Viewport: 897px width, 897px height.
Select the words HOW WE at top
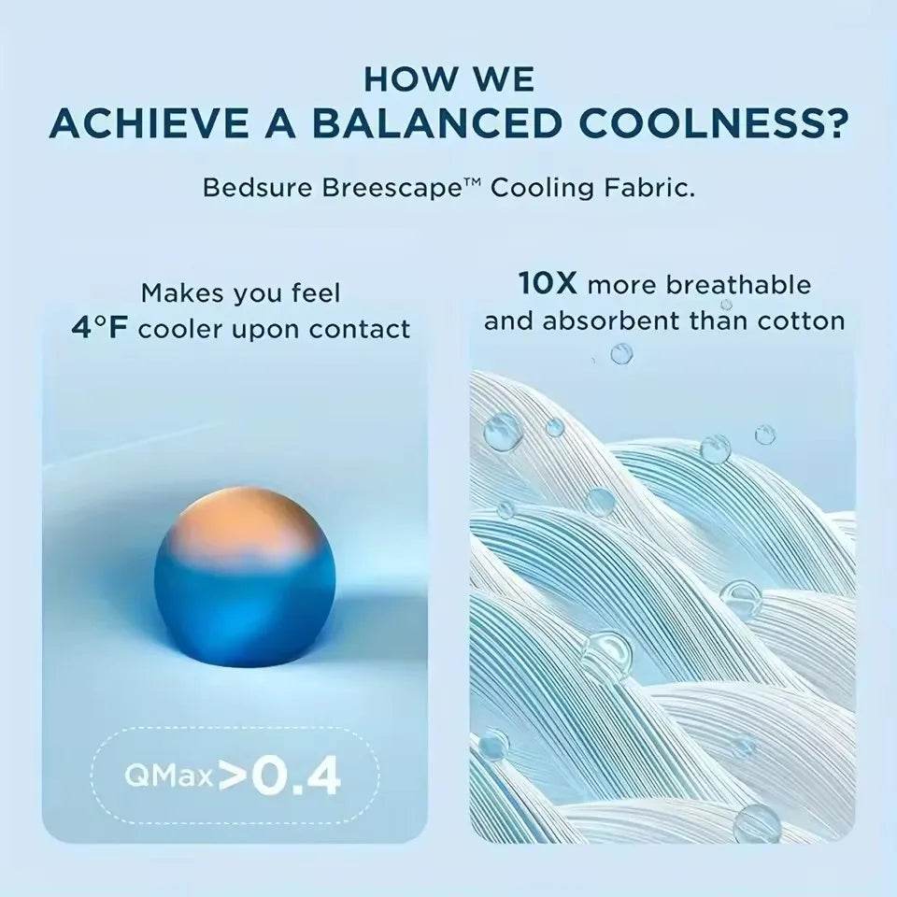point(448,78)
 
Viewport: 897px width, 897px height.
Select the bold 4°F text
point(101,329)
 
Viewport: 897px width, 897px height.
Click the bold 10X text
point(548,284)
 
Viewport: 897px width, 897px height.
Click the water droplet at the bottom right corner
point(757,822)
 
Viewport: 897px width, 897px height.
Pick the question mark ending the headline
point(836,123)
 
